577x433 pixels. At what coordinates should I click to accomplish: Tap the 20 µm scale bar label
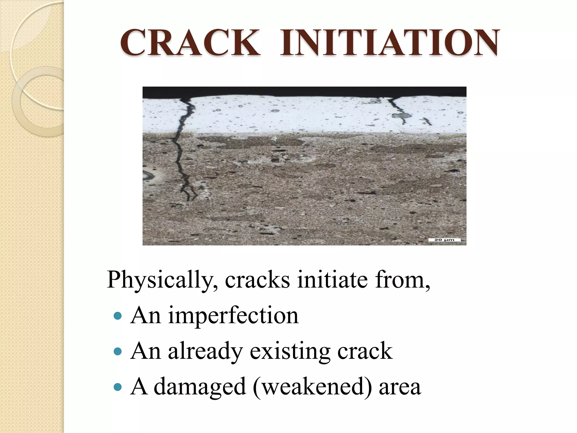click(x=444, y=240)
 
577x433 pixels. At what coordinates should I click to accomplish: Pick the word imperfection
click(x=233, y=316)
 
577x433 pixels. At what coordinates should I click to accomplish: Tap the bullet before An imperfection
click(x=117, y=315)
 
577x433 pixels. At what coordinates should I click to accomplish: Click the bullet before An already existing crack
click(x=117, y=351)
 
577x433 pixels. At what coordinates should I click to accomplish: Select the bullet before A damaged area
click(x=117, y=387)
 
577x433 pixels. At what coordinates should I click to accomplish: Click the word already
click(x=205, y=352)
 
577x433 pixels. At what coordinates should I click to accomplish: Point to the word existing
click(x=290, y=352)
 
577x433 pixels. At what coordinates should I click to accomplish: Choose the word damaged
click(x=200, y=387)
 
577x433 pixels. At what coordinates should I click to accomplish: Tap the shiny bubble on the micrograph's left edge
click(x=147, y=176)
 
